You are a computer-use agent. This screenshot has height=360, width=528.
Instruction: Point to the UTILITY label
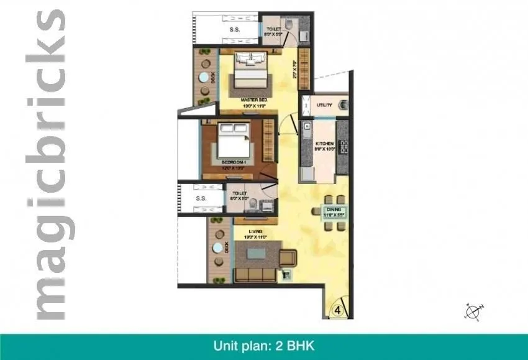(x=324, y=105)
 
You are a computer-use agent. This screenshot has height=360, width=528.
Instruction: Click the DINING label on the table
(x=335, y=210)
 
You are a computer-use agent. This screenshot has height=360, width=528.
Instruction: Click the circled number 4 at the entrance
(x=337, y=309)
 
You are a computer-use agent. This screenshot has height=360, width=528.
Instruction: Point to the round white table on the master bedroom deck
(x=203, y=78)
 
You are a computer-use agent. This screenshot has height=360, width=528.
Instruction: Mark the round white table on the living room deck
(x=217, y=247)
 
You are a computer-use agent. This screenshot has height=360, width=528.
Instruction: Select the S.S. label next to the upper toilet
(x=235, y=29)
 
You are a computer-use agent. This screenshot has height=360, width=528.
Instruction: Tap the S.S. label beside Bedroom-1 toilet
(x=201, y=199)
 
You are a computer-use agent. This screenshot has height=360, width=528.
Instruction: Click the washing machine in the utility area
(x=343, y=106)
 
